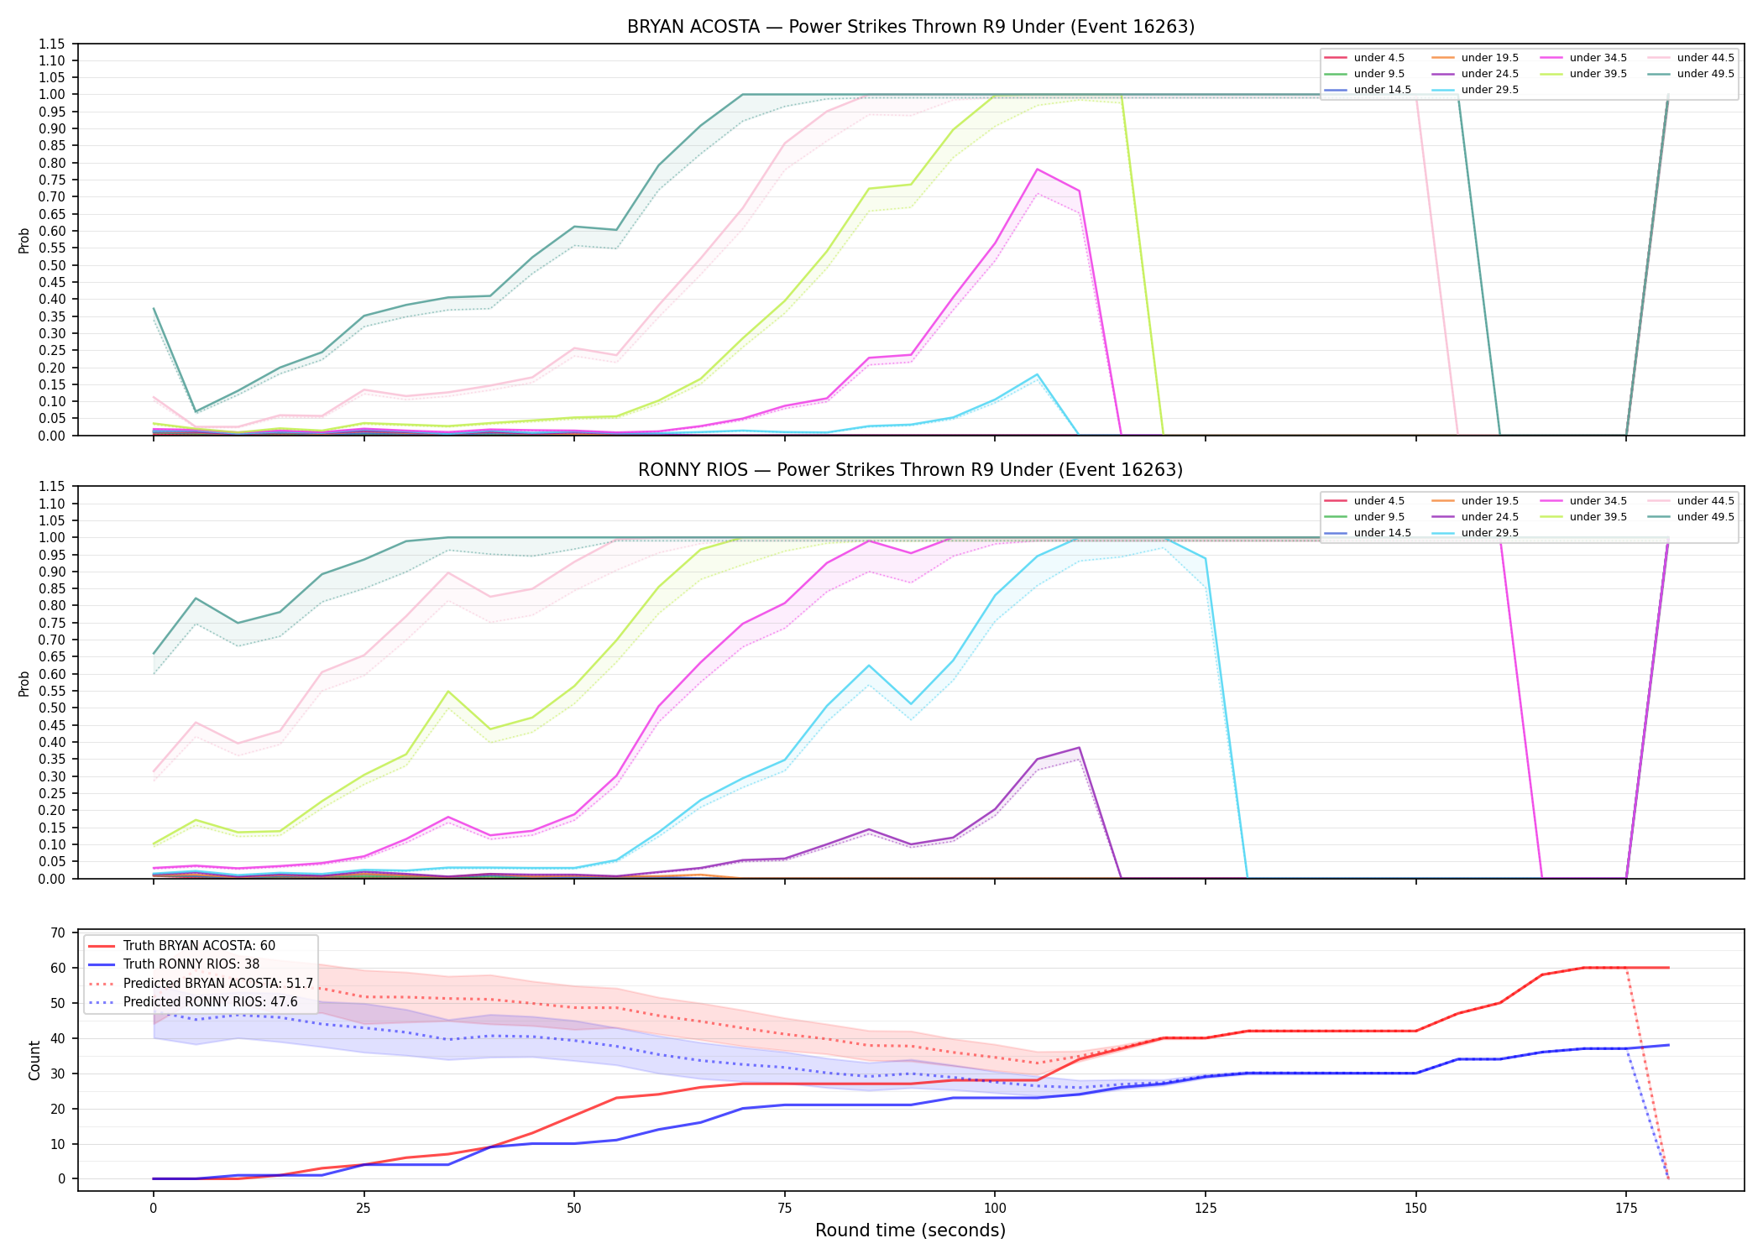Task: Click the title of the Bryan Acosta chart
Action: point(911,27)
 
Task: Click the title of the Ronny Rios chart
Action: point(911,470)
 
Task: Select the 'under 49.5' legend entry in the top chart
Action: point(1689,74)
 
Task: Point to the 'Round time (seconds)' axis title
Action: point(910,1230)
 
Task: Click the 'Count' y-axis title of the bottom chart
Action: point(34,1060)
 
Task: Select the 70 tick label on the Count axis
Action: point(58,932)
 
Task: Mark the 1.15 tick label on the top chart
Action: point(51,44)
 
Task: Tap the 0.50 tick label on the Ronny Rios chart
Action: point(51,708)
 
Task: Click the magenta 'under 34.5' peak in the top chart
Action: point(1037,170)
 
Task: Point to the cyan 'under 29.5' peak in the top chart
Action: point(1037,374)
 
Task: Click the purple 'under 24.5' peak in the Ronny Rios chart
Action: point(1079,748)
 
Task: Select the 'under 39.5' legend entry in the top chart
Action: point(1582,74)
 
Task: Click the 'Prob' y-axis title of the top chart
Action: point(24,240)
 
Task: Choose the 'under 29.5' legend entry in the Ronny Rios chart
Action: point(1473,533)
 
